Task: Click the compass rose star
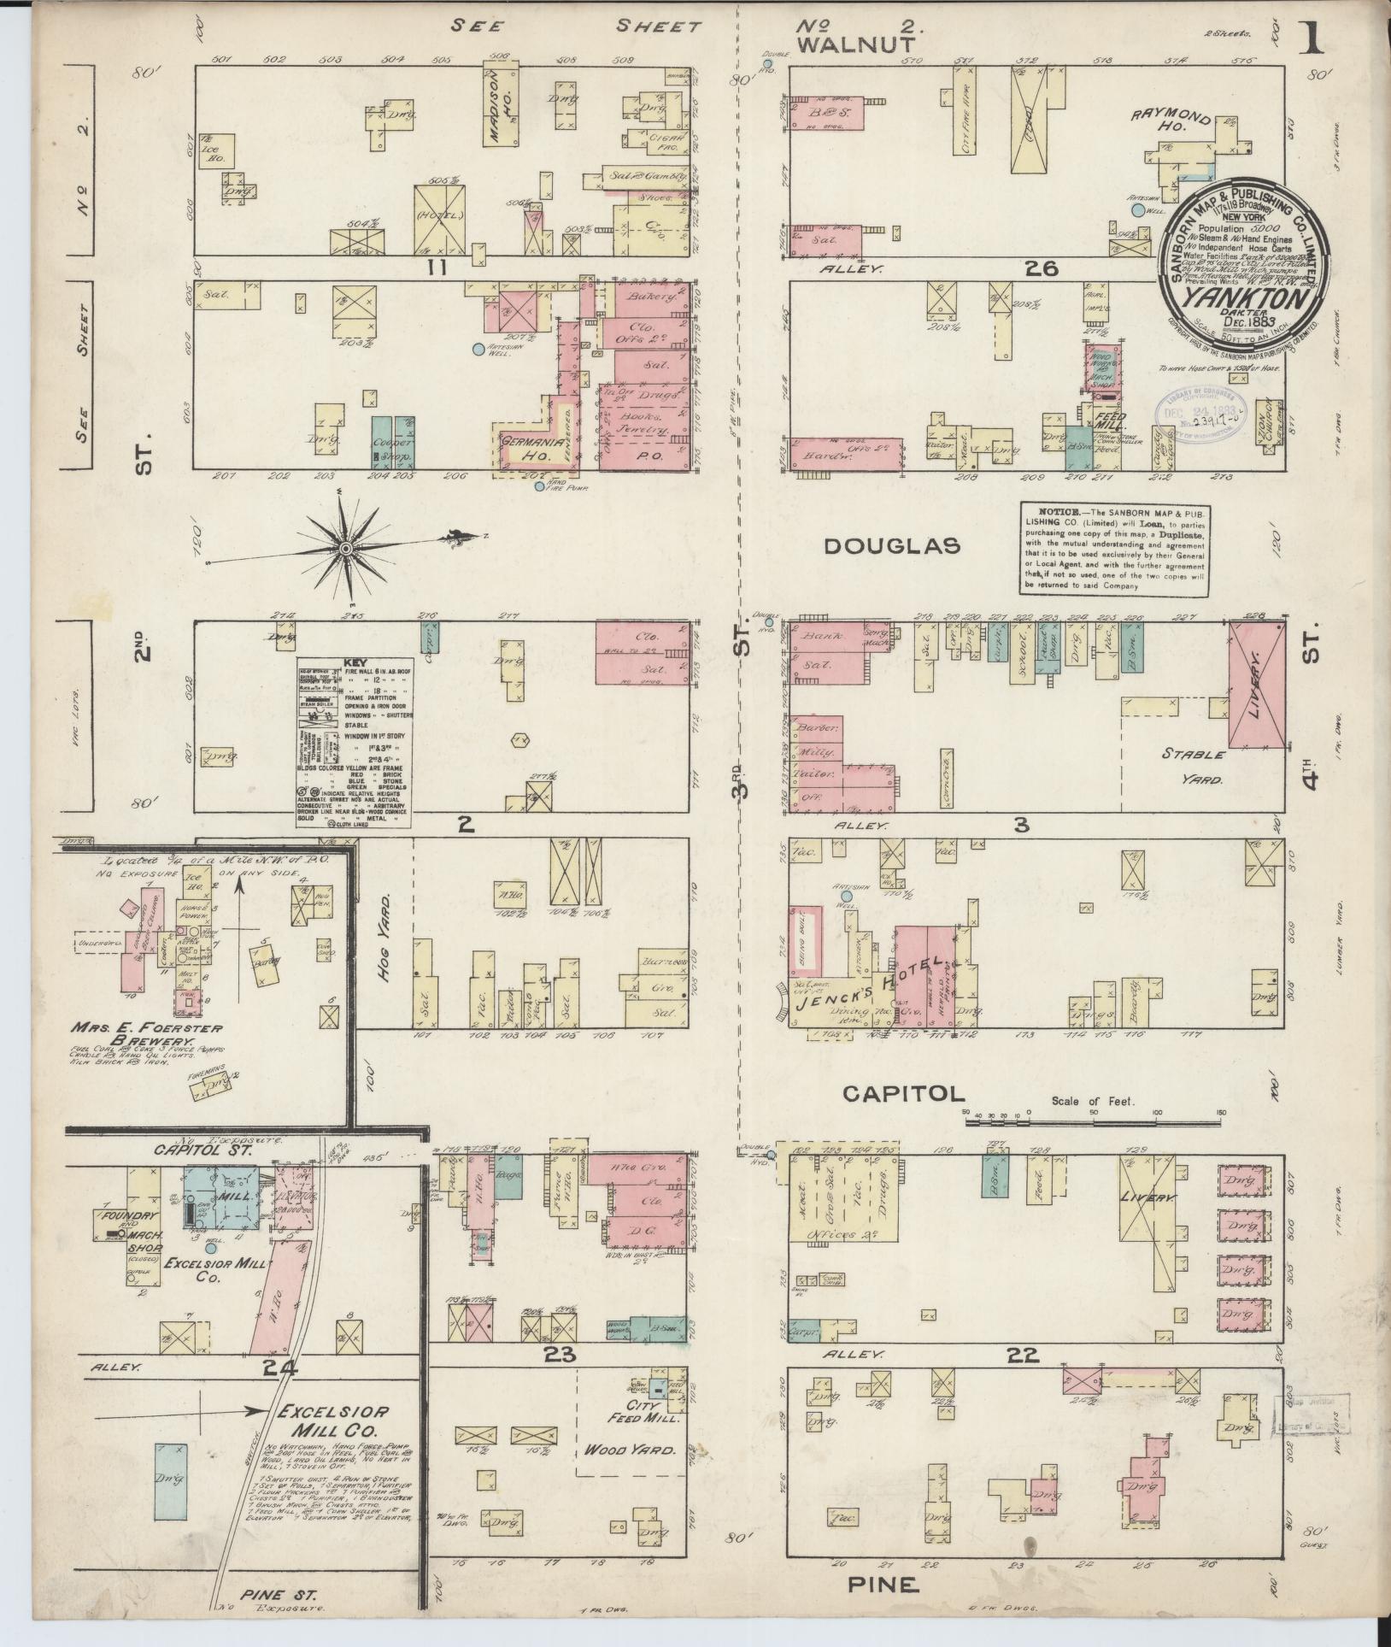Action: (345, 547)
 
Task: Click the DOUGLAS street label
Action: (892, 546)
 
